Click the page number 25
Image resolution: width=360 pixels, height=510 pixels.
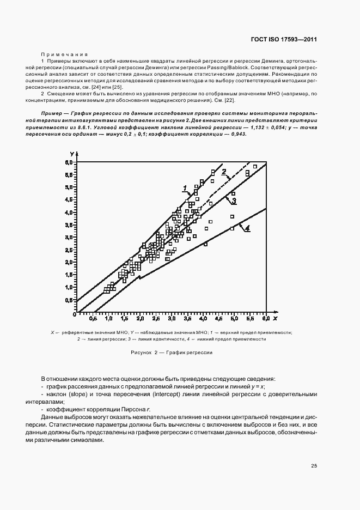(x=314, y=466)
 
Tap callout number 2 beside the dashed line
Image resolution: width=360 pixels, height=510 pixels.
(x=223, y=172)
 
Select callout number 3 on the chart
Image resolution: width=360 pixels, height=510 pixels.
(x=233, y=201)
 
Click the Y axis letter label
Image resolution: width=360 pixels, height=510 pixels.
(x=72, y=157)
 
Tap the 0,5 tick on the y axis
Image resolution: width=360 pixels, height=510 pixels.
(x=69, y=300)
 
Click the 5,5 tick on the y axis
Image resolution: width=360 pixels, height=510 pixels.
(x=69, y=174)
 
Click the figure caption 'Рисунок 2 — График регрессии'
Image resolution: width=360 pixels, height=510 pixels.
(x=172, y=353)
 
